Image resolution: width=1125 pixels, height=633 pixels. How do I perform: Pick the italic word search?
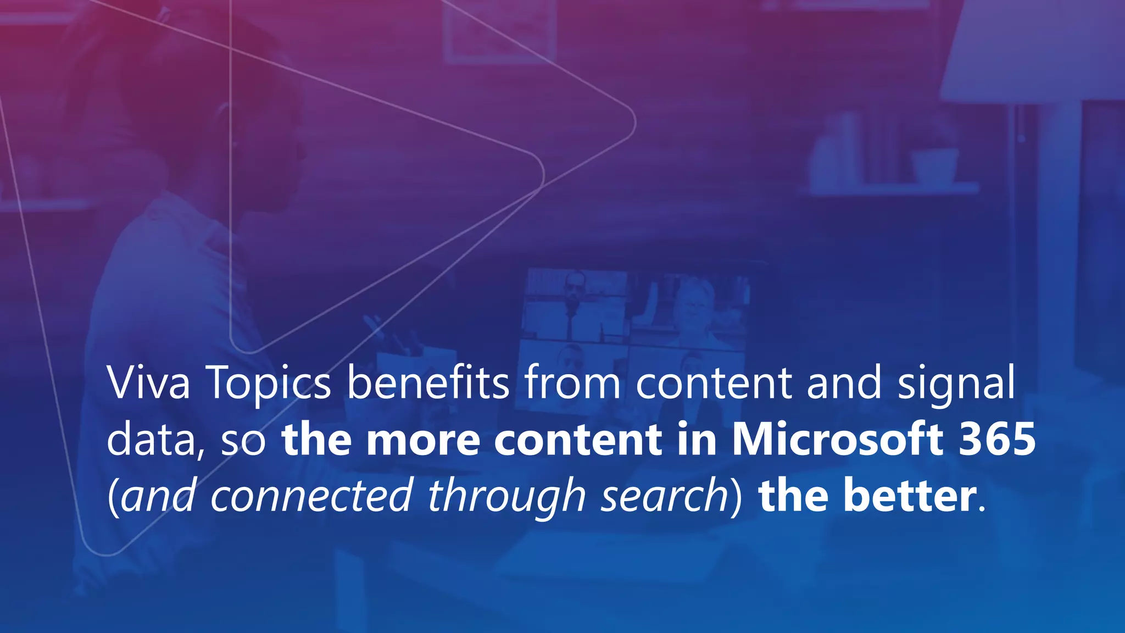(664, 495)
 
